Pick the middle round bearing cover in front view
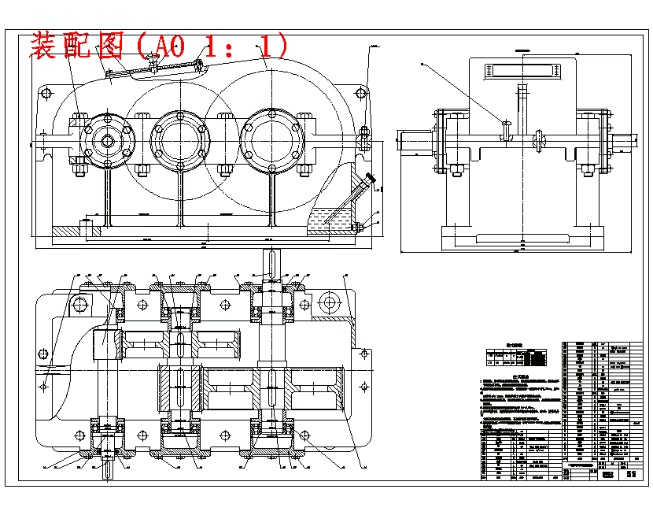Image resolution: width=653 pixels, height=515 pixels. pyautogui.click(x=181, y=142)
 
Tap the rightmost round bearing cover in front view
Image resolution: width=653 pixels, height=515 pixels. pyautogui.click(x=271, y=142)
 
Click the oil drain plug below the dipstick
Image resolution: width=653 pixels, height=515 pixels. pyautogui.click(x=358, y=228)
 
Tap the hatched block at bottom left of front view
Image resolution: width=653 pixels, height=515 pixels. pyautogui.click(x=66, y=231)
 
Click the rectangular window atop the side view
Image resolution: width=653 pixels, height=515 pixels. pyautogui.click(x=522, y=70)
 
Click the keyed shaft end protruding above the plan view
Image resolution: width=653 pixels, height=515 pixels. pyautogui.click(x=271, y=261)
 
